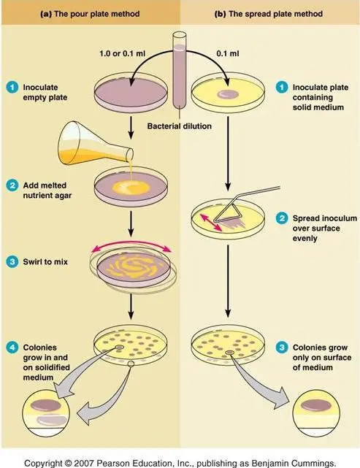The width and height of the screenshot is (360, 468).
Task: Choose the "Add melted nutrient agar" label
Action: [47, 191]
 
